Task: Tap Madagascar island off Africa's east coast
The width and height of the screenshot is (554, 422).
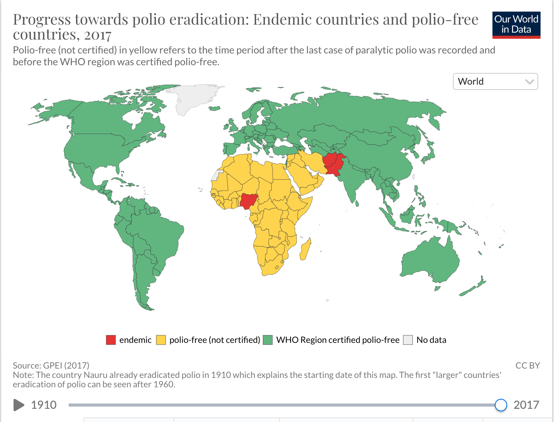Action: pos(305,249)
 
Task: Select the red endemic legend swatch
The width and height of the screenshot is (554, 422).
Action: pos(111,340)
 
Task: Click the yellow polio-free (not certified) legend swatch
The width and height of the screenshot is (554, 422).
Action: pos(161,340)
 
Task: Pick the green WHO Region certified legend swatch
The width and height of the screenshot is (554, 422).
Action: pos(268,340)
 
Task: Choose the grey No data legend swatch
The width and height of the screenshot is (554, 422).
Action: pos(408,340)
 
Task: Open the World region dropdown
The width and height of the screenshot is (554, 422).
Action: pos(495,82)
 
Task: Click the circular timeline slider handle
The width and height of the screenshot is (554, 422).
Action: pos(501,405)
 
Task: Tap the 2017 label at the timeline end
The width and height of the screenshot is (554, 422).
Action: pos(526,405)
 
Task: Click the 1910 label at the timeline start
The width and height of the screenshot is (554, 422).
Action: pos(44,405)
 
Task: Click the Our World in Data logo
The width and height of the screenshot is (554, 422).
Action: pos(516,25)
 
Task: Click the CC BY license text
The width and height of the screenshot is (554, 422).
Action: pos(527,365)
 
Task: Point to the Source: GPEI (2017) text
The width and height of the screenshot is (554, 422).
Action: pos(51,365)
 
